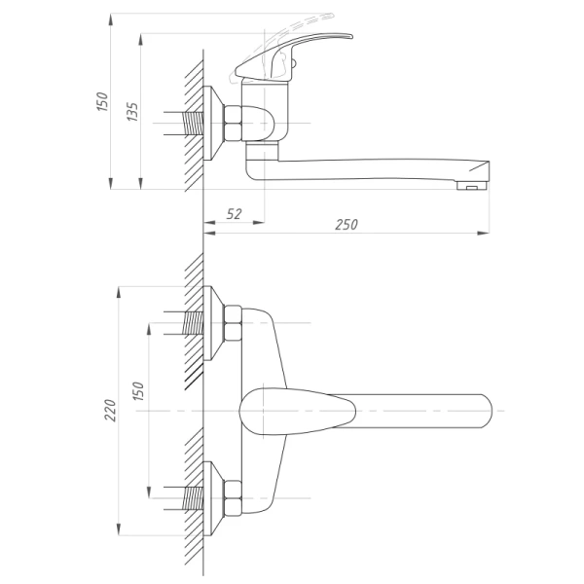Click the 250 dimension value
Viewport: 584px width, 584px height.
point(346,225)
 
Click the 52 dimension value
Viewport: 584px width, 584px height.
point(234,214)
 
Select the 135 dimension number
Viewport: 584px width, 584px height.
point(132,111)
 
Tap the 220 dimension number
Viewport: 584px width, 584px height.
point(110,410)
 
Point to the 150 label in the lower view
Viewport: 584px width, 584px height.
point(138,391)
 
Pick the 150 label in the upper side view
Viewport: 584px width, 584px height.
point(101,101)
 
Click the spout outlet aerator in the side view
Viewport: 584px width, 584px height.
point(472,185)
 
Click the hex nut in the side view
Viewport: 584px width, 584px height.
point(234,124)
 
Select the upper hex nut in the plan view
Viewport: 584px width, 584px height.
point(234,323)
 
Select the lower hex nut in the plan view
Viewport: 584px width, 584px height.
point(234,498)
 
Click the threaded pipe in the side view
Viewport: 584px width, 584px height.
point(193,124)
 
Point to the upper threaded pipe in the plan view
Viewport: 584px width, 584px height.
point(193,323)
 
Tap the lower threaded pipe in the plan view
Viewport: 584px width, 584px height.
point(193,498)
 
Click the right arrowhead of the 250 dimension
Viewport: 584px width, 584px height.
point(484,234)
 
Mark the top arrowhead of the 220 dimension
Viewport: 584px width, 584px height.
point(119,292)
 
